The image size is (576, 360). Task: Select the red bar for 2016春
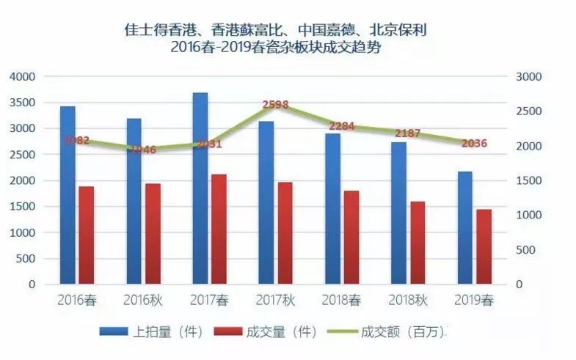[x=87, y=235]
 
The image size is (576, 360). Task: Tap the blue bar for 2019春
[x=464, y=228]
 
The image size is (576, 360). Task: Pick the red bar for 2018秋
[x=418, y=243]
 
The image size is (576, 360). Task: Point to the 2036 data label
[x=475, y=144]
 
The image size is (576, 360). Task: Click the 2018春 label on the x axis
[x=341, y=299]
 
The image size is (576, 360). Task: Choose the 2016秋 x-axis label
[x=142, y=299]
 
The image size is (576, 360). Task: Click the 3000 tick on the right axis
[x=528, y=76]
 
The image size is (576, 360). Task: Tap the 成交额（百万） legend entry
[x=393, y=331]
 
